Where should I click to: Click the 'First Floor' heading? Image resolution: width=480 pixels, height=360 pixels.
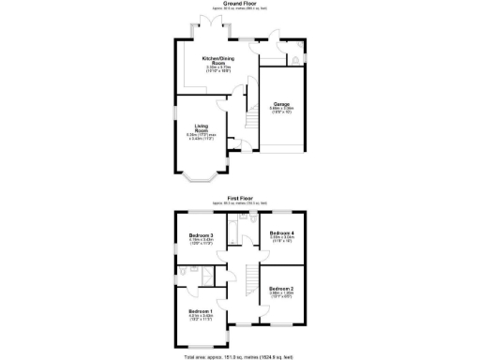[239, 198]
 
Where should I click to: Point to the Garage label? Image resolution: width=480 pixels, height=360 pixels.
[281, 104]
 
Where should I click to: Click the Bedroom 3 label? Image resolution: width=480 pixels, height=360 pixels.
[202, 234]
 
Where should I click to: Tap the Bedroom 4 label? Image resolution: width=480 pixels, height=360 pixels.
[282, 232]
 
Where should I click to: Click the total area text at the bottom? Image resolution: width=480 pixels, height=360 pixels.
[239, 356]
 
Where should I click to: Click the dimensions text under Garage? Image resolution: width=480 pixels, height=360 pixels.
[282, 110]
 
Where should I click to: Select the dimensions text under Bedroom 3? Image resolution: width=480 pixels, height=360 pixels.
[202, 241]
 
